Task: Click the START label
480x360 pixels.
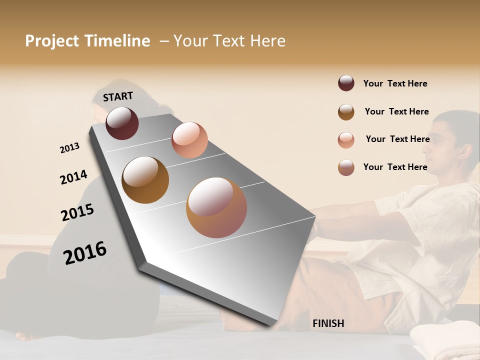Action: [x=118, y=96]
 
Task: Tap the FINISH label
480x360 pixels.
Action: [x=328, y=323]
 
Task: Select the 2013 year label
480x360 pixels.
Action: [x=70, y=148]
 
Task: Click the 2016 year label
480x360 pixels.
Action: [x=85, y=252]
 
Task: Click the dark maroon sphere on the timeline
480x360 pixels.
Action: [x=122, y=123]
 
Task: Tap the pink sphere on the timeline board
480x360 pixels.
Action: [x=189, y=139]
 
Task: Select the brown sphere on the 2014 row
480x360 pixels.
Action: [x=145, y=179]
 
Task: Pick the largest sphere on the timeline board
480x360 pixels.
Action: [x=216, y=207]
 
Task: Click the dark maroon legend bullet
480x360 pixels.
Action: [x=346, y=83]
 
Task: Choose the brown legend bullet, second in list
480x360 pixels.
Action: [x=346, y=112]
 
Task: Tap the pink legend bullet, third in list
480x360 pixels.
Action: [x=346, y=140]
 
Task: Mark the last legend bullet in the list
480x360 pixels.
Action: [x=346, y=167]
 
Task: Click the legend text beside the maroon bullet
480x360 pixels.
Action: [x=395, y=83]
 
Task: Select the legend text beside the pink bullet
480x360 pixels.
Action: [x=397, y=139]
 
